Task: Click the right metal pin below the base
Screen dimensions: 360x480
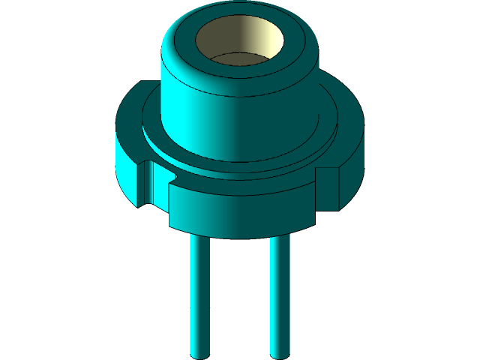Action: [x=280, y=292]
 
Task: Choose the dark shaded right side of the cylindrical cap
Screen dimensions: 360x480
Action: [x=292, y=105]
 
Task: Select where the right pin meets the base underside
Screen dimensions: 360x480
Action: [x=280, y=235]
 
